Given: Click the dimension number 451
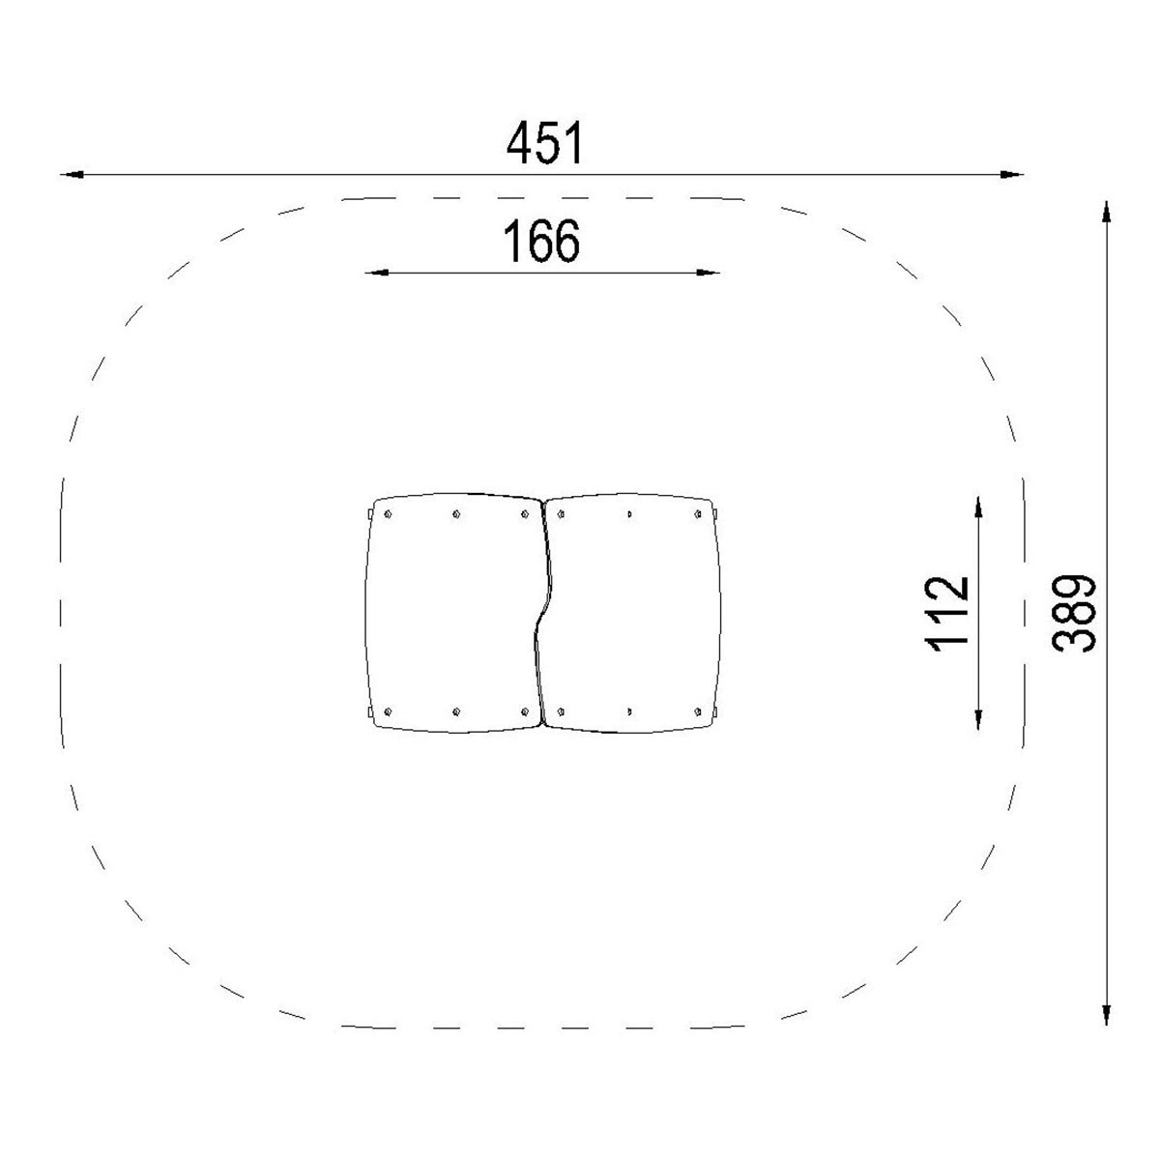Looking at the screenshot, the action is point(545,143).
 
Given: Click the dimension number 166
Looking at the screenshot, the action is point(541,241).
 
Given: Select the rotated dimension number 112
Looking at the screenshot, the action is point(945,615).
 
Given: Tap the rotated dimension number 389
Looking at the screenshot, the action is point(1073,614).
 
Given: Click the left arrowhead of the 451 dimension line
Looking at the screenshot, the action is point(72,175).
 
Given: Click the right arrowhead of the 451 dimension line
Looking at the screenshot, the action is point(1011,175).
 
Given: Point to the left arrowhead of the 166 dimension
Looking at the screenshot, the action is point(377,273).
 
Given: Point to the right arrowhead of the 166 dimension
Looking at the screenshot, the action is point(708,273).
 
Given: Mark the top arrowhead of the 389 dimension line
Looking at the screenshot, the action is point(1106,212).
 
